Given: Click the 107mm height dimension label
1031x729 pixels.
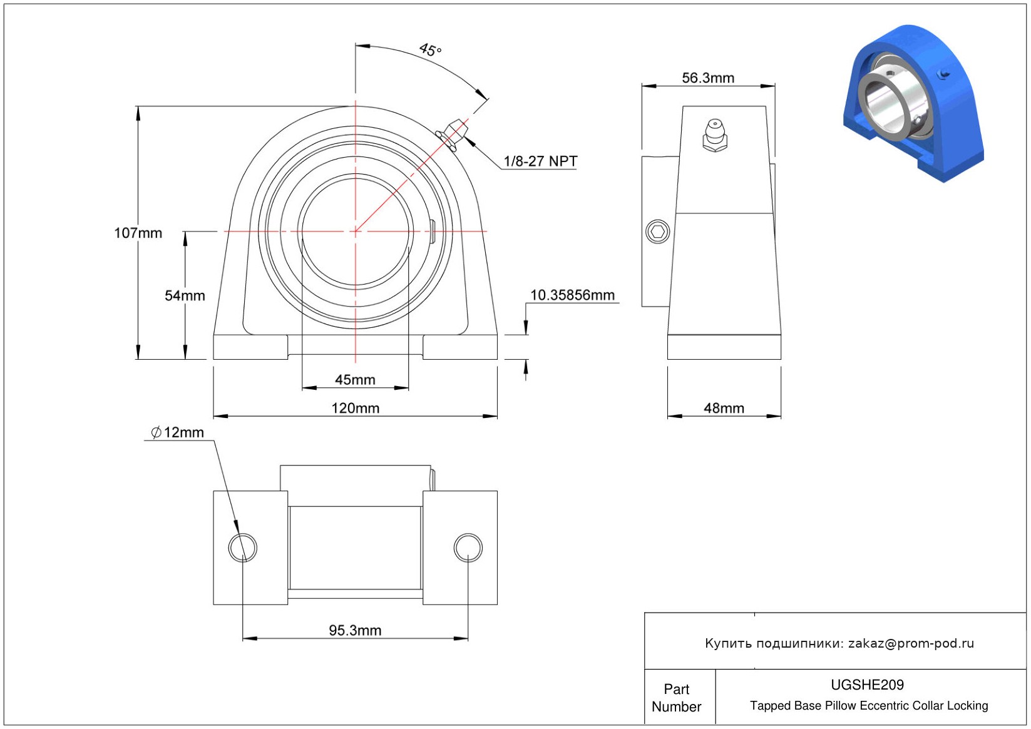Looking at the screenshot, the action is pos(138,233).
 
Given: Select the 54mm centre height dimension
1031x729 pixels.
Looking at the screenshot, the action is pos(185,295).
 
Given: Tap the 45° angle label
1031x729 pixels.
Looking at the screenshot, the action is pos(430,49).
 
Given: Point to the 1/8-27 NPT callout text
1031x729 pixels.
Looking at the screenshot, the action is pos(540,161).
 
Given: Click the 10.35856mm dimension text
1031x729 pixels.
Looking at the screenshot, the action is pos(573,295).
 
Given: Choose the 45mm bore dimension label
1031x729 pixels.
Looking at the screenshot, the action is pos(355,380).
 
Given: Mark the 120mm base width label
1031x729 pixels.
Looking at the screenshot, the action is pos(356,408).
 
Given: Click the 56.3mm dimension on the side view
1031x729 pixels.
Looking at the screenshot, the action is pos(708,78).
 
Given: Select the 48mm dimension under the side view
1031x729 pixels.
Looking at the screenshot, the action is pos(724,408).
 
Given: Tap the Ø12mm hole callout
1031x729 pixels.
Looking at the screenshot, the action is pos(178,432).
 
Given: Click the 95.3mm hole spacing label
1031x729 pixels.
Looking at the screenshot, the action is pos(355,630).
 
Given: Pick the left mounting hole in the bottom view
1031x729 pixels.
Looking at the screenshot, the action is pos(242,548).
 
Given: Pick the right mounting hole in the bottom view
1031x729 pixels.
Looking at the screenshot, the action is pos(468,548).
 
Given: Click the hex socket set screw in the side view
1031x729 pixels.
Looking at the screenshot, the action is pos(658,232).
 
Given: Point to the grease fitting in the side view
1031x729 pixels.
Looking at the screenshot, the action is pos(715,135).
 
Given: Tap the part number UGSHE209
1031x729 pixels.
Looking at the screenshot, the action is pos(867,685).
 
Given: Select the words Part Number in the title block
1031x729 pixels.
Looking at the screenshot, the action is pos(676,698).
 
